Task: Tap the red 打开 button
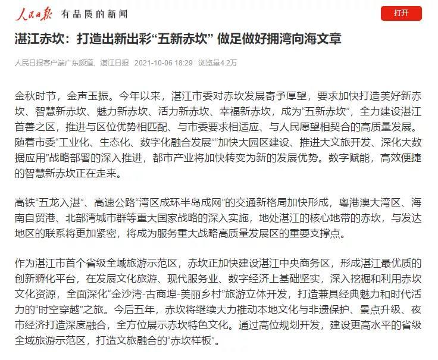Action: click(x=401, y=13)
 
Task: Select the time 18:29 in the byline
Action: click(x=184, y=62)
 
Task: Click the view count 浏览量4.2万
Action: click(x=217, y=62)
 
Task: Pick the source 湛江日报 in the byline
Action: click(x=115, y=62)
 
